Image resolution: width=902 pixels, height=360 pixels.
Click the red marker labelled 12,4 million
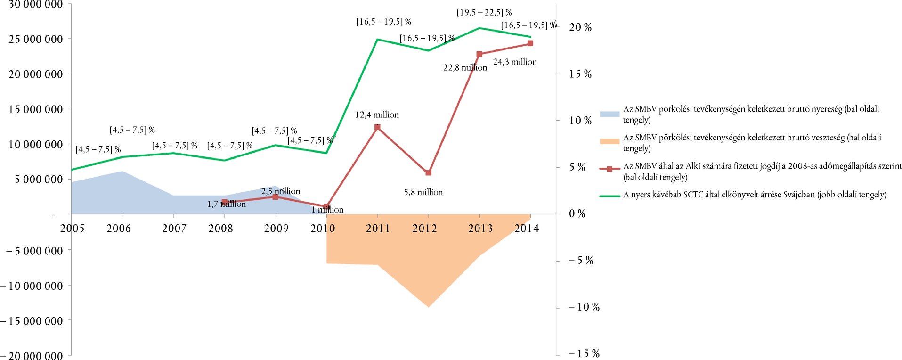377,127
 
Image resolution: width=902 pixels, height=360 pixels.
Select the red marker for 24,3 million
530,43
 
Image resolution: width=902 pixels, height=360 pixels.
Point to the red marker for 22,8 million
479,54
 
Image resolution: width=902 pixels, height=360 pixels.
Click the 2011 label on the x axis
378,229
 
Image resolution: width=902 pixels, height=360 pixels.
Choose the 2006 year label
119,229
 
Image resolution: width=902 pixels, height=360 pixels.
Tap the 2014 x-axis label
527,229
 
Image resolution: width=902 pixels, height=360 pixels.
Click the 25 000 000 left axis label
36,39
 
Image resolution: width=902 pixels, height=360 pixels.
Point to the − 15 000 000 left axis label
32,321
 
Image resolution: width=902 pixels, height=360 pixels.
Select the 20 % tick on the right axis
580,27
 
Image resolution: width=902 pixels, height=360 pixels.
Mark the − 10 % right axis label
584,307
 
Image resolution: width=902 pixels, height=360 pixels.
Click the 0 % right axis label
577,214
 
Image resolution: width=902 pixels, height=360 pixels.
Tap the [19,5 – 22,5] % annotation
484,13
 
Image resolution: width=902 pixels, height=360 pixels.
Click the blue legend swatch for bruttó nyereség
609,114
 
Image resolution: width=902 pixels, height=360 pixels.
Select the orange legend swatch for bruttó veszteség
609,141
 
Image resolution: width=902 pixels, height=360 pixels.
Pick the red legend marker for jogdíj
609,169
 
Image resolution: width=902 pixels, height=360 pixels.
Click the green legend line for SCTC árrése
609,196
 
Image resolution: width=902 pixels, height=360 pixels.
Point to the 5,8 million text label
423,192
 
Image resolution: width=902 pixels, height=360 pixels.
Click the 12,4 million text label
377,115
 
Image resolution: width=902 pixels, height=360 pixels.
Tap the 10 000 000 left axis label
36,145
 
